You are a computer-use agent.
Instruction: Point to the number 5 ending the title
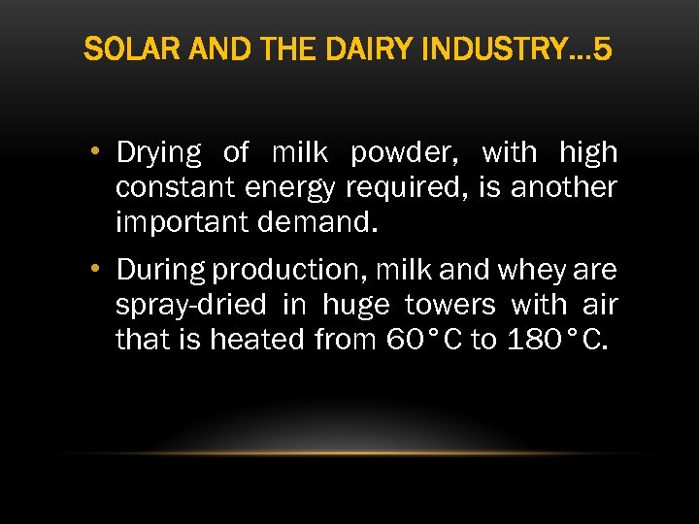coord(602,49)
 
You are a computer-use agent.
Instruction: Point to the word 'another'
coord(564,187)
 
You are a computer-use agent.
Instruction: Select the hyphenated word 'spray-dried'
coord(190,305)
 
